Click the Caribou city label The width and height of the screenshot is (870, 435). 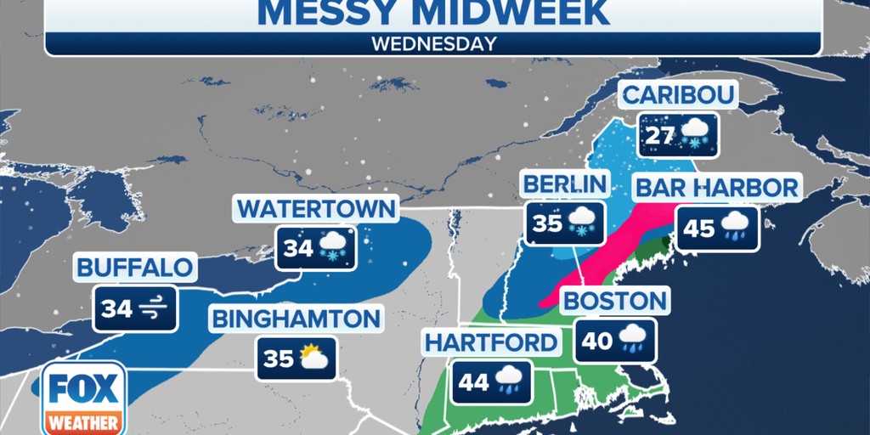tap(679, 94)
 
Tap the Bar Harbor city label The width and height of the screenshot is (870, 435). tap(716, 188)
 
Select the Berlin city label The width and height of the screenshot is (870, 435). tap(565, 184)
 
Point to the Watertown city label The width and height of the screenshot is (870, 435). tap(316, 208)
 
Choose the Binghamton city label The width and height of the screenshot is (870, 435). tap(296, 319)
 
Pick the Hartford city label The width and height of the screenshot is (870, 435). tap(493, 343)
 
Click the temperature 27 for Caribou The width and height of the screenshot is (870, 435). tap(659, 136)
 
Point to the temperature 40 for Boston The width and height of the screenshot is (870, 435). tap(597, 341)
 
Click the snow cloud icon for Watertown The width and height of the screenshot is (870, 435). tap(333, 248)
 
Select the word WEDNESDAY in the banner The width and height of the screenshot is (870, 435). tap(434, 44)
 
